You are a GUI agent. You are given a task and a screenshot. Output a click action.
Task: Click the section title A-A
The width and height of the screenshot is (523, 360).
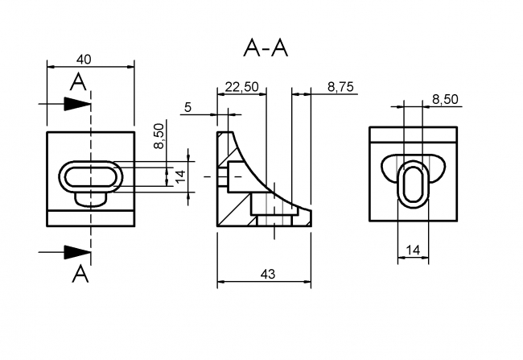[266, 48]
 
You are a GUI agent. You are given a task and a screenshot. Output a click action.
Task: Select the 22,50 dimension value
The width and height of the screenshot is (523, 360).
[241, 87]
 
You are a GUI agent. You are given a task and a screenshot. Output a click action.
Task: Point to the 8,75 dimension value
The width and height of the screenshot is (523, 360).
[341, 87]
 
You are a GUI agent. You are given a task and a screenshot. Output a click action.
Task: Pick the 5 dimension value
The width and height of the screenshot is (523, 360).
[187, 106]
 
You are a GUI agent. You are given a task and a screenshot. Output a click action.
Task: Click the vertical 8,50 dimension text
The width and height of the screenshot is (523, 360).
[159, 135]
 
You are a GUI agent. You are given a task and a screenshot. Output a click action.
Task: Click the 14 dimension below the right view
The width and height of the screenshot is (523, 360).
[413, 251]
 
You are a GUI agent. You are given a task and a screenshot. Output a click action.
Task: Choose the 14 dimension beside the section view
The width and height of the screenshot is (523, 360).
[181, 174]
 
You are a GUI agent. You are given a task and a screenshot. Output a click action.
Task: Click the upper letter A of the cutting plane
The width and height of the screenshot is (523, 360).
[78, 81]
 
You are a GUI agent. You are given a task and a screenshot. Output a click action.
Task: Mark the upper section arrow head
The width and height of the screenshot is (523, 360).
[77, 104]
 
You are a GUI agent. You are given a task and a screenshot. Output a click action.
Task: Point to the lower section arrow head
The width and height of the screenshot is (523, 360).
[77, 251]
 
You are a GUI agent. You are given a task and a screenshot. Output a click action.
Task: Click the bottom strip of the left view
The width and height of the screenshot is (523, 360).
[90, 218]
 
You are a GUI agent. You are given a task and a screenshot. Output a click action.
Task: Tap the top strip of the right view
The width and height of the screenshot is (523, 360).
[413, 133]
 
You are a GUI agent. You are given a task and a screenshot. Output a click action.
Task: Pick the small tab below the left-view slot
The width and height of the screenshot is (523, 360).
[89, 197]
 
